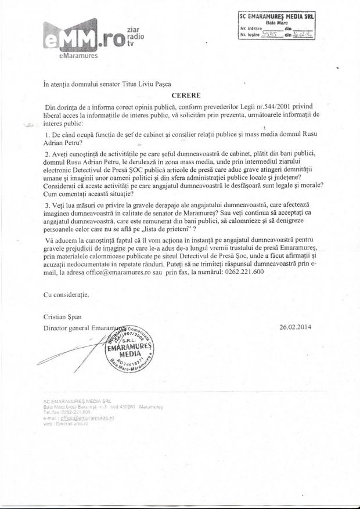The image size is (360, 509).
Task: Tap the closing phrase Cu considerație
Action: pos(66,295)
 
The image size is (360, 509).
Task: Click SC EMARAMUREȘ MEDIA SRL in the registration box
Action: pos(276,18)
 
